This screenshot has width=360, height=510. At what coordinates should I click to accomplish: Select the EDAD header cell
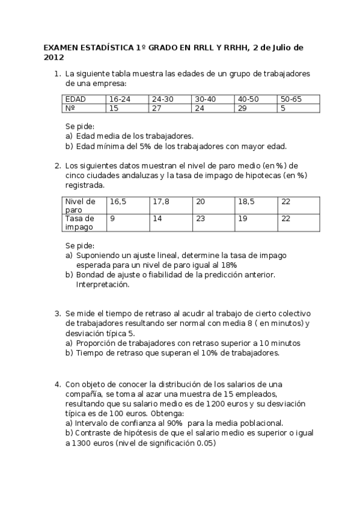(x=75, y=99)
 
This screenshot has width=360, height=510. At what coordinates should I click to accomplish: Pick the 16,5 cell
(x=118, y=201)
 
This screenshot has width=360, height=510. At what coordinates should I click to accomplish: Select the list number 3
(x=57, y=313)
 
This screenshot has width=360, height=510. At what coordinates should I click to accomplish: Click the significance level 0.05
(x=205, y=443)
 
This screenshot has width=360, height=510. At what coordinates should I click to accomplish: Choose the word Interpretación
(x=102, y=284)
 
